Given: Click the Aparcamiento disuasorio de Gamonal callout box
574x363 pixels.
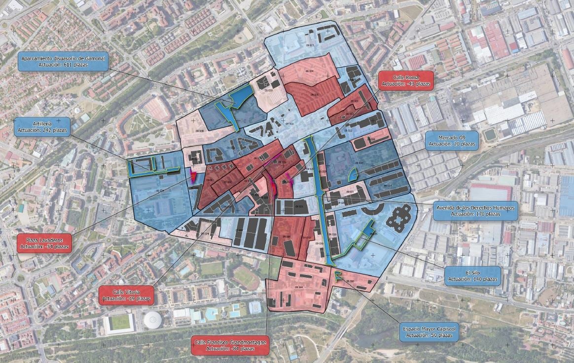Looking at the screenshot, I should click(63, 62).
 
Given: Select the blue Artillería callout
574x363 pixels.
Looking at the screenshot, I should click(42, 127).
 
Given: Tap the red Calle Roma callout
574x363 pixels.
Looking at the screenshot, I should click(405, 80).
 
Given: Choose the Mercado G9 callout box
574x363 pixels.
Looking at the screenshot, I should click(452, 140).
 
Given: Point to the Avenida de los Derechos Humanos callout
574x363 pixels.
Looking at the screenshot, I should click(475, 211).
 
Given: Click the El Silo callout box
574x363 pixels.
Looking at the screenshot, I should click(472, 276).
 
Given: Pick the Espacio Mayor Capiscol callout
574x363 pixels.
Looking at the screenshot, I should click(429, 332).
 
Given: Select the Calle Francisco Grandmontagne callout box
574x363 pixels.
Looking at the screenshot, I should click(230, 345).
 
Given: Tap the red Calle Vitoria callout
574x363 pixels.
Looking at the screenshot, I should click(126, 295).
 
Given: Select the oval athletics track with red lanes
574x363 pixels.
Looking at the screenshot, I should click(246, 278).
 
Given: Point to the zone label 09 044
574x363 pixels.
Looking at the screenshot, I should click(298, 287).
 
